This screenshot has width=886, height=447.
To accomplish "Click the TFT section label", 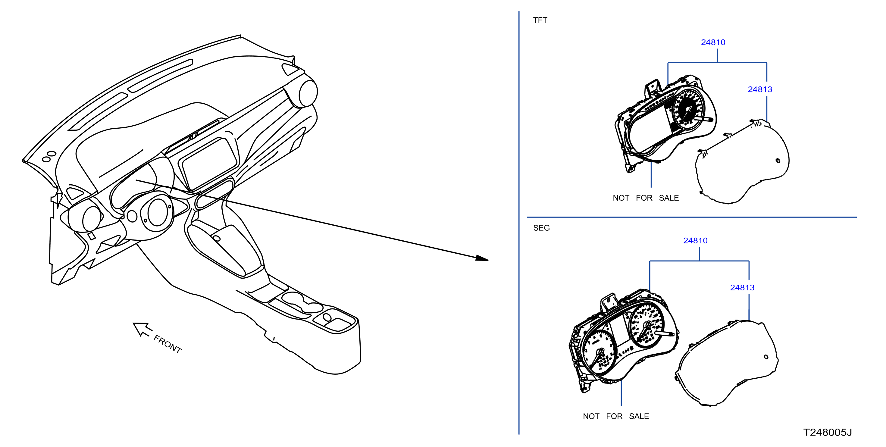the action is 540,20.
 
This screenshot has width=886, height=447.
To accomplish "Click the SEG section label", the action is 541,228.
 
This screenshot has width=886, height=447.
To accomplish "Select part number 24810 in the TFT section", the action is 713,42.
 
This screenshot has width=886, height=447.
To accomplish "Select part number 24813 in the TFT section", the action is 760,89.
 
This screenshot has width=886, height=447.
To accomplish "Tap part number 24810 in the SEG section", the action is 695,241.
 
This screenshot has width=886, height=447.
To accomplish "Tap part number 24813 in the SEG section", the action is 742,287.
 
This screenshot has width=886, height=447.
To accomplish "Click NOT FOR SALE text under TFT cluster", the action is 646,198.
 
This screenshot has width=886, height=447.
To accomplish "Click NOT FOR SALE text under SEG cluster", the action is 616,416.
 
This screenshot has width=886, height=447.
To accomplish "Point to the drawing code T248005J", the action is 827,432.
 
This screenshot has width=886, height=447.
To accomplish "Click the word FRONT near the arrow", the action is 167,344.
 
